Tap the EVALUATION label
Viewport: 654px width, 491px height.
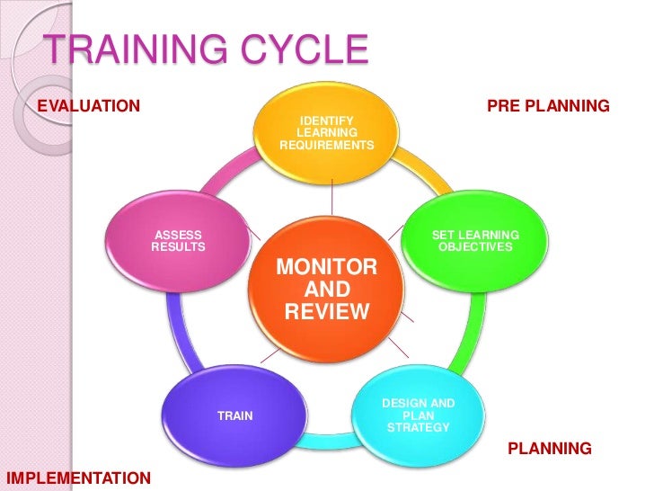pos(88,106)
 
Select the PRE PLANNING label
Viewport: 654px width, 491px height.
pos(548,107)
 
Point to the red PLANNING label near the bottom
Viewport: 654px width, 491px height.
pos(550,448)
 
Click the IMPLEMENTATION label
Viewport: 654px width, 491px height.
pos(78,477)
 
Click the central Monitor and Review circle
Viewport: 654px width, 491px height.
pos(326,288)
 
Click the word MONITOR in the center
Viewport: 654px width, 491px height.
pos(326,267)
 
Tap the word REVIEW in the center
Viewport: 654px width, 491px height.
pos(326,312)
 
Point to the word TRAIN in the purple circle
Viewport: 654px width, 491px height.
pos(235,415)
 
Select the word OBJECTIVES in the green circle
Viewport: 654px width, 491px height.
pos(475,246)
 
